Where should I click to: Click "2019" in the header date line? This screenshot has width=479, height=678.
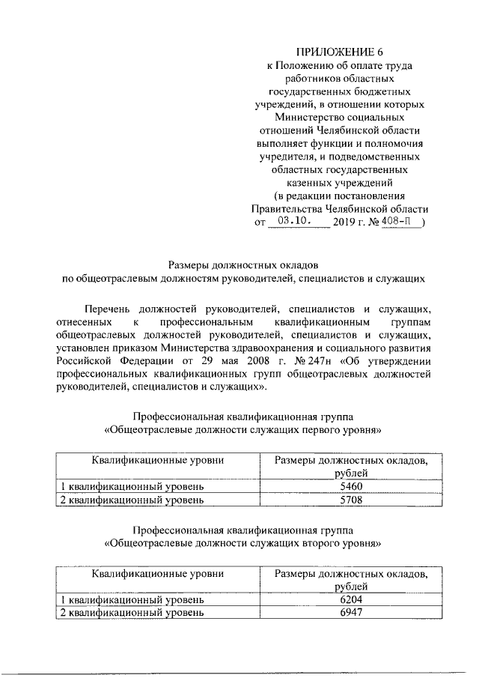[347, 223]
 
